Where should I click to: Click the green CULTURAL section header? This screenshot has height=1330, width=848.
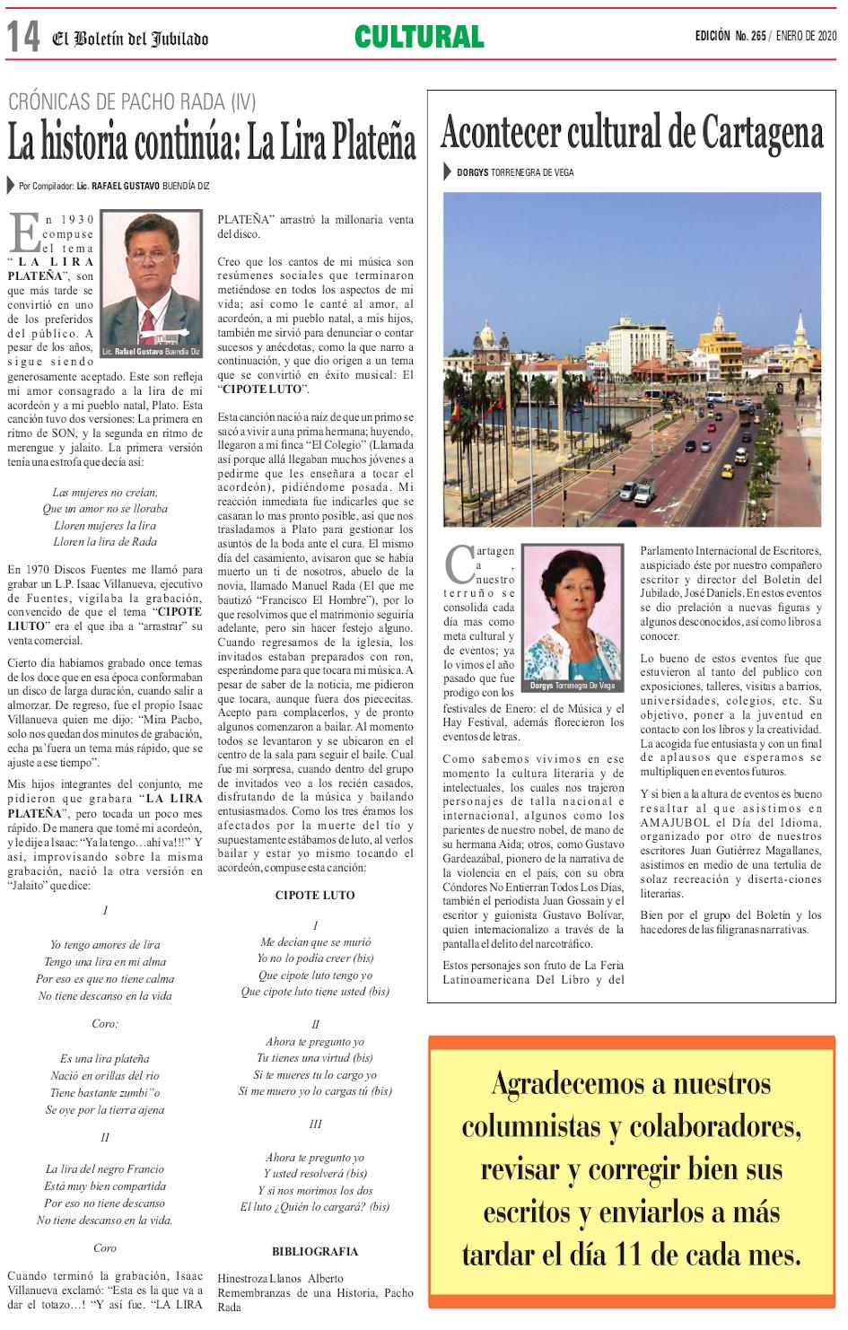[419, 37]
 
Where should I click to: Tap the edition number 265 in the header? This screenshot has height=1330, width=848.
[758, 36]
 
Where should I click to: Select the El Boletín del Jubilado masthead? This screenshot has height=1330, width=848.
[130, 39]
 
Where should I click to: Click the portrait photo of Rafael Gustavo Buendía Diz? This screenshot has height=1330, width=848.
[151, 278]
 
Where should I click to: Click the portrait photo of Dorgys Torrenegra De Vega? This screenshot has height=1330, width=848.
[573, 612]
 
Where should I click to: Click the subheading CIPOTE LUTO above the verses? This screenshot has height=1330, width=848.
[315, 896]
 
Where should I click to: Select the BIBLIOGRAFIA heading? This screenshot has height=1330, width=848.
[315, 1252]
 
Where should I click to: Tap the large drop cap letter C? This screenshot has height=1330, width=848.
[459, 564]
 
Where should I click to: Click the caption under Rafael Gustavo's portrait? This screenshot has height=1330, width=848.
[151, 351]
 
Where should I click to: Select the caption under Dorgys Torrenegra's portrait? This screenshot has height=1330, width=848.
[573, 686]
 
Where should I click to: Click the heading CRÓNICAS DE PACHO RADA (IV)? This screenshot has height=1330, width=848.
[132, 101]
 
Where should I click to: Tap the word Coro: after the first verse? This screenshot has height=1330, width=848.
[105, 1024]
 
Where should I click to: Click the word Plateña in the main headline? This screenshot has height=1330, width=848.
[372, 142]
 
